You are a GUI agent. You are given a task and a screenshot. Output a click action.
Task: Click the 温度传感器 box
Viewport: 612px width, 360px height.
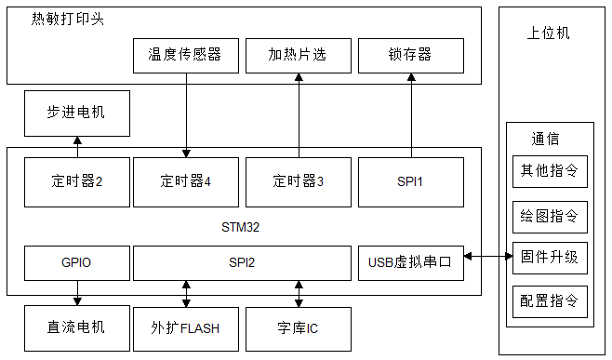(185, 55)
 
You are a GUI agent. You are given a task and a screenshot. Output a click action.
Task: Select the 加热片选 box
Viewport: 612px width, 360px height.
(299, 55)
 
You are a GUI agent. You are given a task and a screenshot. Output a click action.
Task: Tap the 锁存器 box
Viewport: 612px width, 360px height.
(410, 55)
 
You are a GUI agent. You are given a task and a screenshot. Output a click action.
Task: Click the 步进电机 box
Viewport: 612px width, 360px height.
(76, 113)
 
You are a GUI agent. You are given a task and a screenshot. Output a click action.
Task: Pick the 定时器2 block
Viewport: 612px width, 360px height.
(76, 181)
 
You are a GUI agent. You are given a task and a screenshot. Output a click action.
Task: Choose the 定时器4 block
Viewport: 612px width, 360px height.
(185, 181)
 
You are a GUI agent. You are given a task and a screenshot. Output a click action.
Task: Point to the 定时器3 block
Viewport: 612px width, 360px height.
(299, 181)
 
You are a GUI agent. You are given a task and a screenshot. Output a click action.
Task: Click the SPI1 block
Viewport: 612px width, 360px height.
(410, 181)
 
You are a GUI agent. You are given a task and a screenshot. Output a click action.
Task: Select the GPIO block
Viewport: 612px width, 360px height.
(76, 263)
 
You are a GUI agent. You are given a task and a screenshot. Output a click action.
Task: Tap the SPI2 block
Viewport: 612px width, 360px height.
(242, 263)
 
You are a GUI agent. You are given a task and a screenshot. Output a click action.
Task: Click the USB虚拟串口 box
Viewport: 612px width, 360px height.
(410, 263)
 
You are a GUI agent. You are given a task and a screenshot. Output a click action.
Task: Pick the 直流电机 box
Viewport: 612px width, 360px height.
(76, 328)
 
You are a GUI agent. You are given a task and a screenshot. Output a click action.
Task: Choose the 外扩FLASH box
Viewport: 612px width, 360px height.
(185, 328)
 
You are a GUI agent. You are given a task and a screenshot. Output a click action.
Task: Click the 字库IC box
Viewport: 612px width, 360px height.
(299, 328)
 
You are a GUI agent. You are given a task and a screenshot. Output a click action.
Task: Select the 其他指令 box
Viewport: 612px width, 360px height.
(550, 172)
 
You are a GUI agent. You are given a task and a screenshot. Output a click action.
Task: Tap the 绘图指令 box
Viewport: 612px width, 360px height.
(550, 216)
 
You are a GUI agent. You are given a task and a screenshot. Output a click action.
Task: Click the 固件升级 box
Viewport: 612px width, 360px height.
(550, 257)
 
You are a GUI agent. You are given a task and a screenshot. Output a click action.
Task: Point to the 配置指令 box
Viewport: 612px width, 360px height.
(550, 301)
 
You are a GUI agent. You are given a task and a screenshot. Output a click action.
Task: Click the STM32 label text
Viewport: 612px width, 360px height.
(242, 227)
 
